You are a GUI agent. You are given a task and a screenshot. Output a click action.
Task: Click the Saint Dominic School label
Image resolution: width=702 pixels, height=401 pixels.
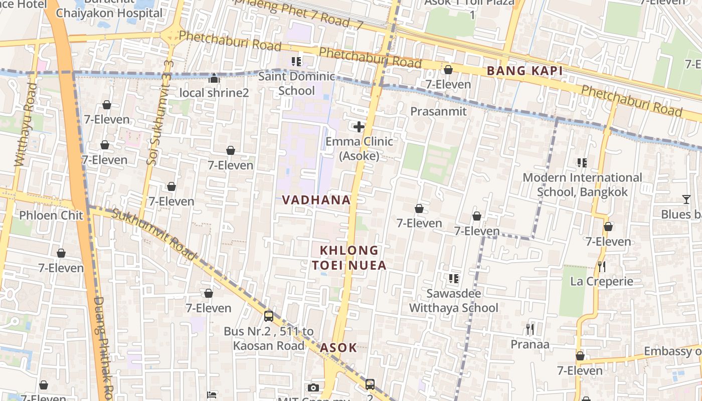(296, 84)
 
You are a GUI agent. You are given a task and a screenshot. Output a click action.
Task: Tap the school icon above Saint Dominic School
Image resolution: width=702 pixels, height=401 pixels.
(296, 62)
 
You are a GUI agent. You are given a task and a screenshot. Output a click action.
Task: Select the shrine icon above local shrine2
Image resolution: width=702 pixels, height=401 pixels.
(214, 78)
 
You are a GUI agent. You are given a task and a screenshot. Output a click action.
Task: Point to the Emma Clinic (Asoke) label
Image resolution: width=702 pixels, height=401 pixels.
(359, 148)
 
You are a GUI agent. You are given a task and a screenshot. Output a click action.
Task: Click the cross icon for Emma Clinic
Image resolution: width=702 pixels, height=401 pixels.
(359, 127)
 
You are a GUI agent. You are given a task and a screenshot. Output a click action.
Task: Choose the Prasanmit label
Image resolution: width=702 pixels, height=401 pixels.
(438, 111)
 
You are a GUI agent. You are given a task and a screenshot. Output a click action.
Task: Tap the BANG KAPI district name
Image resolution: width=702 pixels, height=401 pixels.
(524, 71)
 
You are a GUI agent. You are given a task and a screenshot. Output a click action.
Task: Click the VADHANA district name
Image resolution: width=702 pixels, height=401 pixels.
(316, 200)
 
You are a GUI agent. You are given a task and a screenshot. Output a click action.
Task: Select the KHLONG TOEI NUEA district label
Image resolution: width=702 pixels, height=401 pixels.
(349, 258)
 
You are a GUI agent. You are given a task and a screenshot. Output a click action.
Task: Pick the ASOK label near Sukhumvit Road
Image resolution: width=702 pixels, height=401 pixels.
(338, 347)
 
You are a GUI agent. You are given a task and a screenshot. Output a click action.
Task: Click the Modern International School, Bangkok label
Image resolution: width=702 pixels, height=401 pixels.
(582, 184)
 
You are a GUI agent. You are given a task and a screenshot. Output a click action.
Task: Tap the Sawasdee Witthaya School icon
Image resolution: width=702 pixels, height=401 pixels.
(454, 278)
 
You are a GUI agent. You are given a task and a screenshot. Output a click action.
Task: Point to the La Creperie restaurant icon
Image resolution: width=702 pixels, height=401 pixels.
(602, 266)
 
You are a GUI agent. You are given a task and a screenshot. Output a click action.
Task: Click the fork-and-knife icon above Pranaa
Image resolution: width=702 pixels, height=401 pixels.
(530, 329)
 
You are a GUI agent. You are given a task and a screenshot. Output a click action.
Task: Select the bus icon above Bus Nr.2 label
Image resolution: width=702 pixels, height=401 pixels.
(269, 316)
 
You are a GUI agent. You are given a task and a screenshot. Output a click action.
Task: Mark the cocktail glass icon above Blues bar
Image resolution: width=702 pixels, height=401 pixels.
(686, 199)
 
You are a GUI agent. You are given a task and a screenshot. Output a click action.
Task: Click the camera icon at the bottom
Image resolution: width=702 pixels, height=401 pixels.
(313, 387)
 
